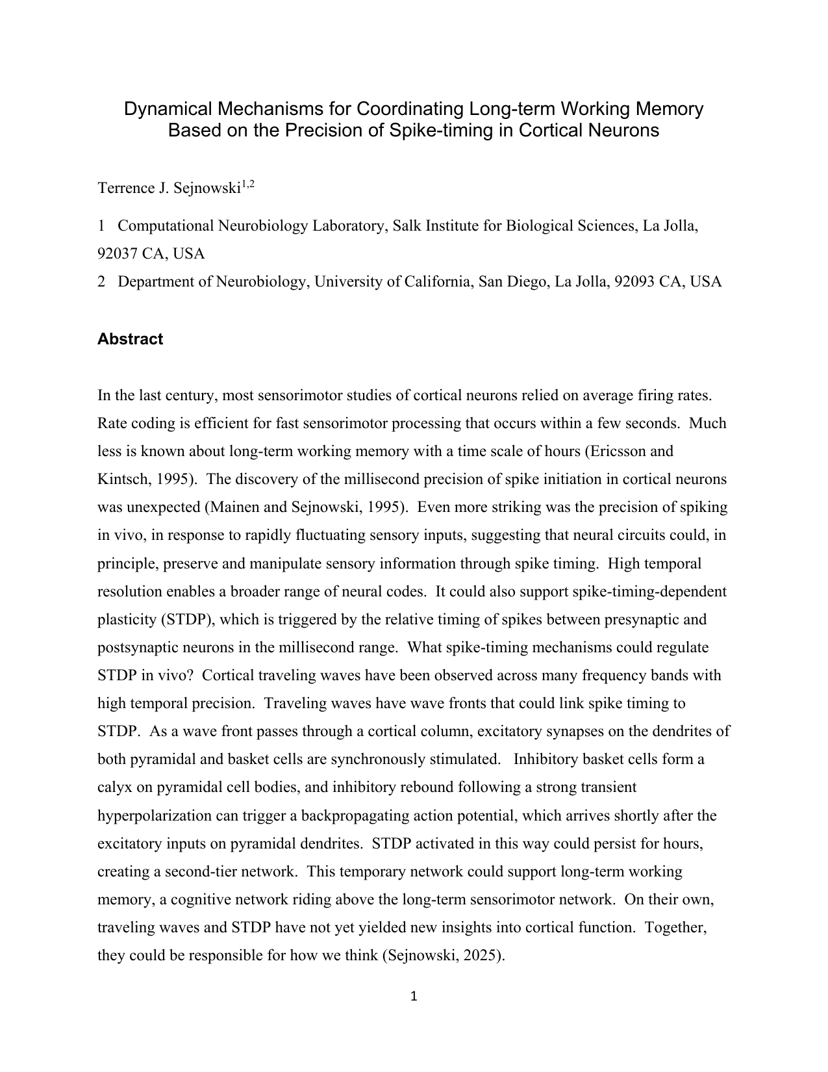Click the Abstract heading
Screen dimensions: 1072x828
(x=130, y=339)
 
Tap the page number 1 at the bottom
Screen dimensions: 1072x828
(x=414, y=996)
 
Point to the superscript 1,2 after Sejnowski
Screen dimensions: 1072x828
(x=248, y=185)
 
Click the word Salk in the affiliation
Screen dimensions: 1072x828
(x=408, y=226)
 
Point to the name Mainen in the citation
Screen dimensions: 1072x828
(x=231, y=507)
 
